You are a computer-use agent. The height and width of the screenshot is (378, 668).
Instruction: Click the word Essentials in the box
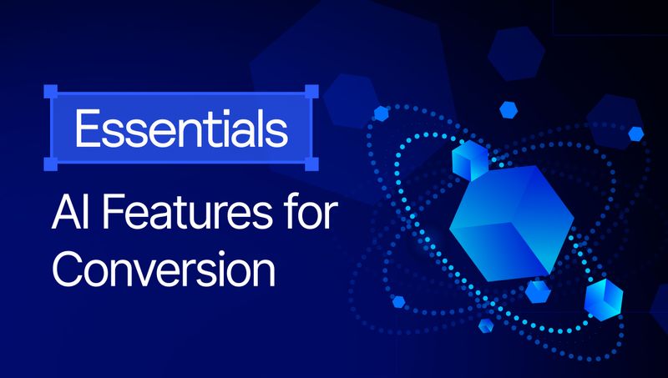click(x=180, y=128)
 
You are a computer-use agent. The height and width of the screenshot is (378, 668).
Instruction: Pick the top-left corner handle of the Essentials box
click(x=50, y=89)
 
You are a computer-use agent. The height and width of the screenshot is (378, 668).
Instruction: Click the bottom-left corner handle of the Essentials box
click(x=50, y=165)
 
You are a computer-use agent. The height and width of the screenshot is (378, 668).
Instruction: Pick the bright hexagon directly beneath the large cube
click(x=538, y=290)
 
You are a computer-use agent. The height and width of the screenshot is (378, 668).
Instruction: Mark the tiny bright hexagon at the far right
click(x=636, y=133)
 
